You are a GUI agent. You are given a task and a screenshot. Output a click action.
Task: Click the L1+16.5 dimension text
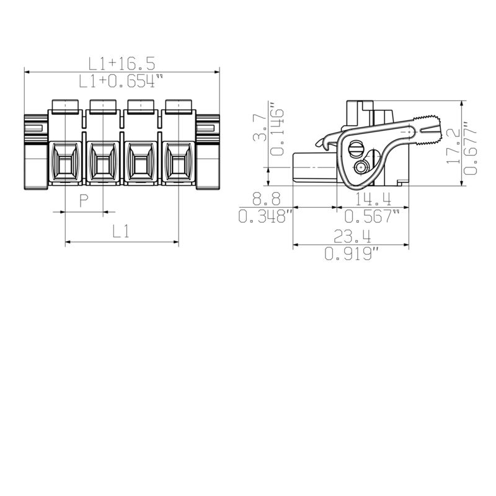click(x=122, y=63)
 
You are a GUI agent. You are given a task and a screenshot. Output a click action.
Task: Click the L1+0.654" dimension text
click(x=122, y=81)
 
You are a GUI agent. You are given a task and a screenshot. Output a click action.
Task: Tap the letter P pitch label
click(x=83, y=200)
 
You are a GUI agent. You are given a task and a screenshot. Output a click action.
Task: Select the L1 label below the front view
click(x=121, y=231)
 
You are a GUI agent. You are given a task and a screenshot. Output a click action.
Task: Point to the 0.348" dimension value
click(x=266, y=216)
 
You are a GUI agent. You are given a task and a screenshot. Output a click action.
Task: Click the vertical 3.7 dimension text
click(x=260, y=127)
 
